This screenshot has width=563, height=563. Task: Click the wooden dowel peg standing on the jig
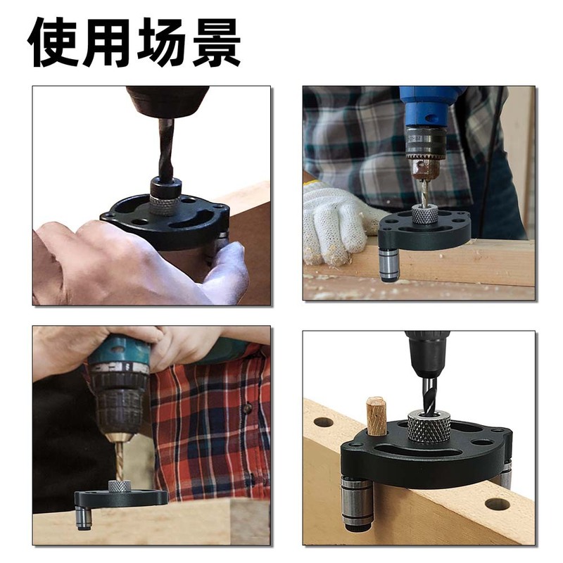(377, 416)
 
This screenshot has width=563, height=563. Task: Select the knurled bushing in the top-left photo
(165, 204)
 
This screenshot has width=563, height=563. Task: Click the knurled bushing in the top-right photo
(424, 214)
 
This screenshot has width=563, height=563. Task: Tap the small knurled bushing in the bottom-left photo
(120, 486)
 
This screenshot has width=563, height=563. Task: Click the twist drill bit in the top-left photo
(166, 148)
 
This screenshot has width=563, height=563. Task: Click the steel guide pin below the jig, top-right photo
(388, 265)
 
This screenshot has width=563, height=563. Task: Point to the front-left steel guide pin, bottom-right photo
(356, 501)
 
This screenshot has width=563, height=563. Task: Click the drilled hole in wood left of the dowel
(323, 422)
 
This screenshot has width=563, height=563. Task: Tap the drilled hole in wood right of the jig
(498, 504)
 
